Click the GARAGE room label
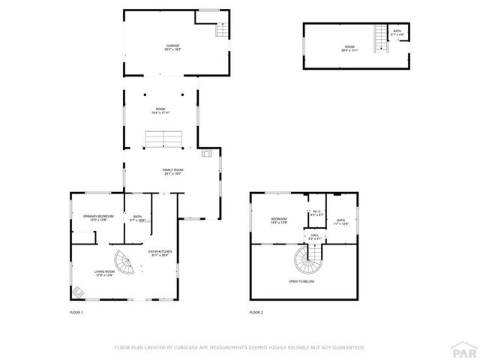173,47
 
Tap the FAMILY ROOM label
173,172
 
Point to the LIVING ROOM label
103,274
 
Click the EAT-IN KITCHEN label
160,253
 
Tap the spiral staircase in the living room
124,262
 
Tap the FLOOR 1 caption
76,311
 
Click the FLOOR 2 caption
256,311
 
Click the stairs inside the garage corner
221,30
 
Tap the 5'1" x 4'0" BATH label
397,33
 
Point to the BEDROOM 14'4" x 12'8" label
279,220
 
